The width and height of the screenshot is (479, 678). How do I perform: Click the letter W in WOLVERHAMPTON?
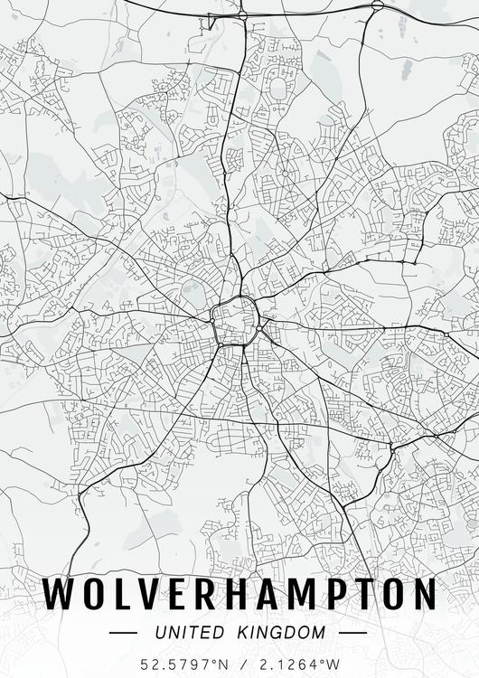click(x=62, y=594)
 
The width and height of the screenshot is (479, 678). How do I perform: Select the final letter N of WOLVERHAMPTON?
click(x=425, y=594)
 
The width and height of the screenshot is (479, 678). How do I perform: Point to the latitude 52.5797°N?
click(x=179, y=664)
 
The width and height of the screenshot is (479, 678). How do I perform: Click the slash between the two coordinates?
click(x=240, y=664)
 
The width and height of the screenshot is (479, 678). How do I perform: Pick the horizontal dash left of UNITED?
click(x=122, y=632)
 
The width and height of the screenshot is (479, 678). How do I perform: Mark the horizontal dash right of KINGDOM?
click(x=353, y=632)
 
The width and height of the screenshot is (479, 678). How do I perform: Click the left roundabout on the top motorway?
click(x=242, y=15)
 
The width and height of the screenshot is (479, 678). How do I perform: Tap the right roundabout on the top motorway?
click(x=377, y=5)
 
